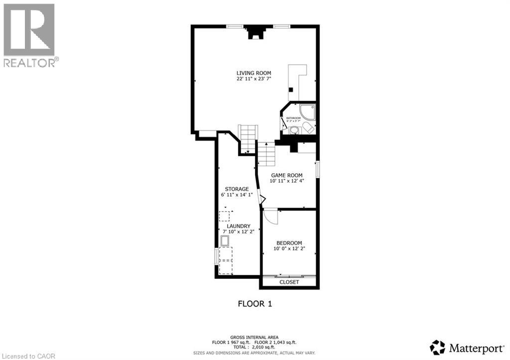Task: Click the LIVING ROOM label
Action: (254, 73)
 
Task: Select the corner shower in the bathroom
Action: (308, 111)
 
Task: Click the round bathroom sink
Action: (294, 130)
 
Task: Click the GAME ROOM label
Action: (287, 175)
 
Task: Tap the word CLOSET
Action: (289, 282)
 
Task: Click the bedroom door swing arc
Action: (270, 217)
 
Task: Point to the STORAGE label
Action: (237, 189)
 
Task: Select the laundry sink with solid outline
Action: (225, 241)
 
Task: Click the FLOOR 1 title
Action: (255, 303)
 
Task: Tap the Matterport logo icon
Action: (437, 347)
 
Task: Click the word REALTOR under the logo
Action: (29, 62)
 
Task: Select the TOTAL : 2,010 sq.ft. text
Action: (255, 348)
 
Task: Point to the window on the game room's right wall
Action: (318, 169)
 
